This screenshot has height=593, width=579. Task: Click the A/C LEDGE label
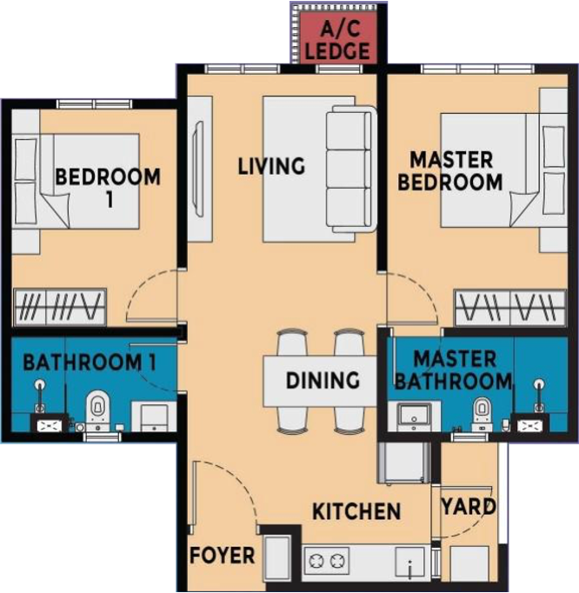point(337,41)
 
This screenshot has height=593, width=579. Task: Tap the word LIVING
point(271,166)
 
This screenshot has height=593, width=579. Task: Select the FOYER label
point(223,556)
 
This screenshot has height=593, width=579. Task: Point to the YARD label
point(469,506)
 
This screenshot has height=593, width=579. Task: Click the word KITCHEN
point(356,511)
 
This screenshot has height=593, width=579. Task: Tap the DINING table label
point(323,381)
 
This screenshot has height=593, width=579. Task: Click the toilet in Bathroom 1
point(98,411)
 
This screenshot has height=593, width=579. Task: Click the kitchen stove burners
point(327,561)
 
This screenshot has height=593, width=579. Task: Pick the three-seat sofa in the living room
point(352,169)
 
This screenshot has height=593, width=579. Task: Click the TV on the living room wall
point(199,169)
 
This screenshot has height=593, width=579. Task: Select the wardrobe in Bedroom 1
point(59,307)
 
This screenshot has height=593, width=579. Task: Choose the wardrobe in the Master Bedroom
point(510,308)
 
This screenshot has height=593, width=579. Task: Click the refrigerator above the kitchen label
point(404,463)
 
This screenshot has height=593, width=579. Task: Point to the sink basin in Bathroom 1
point(154,417)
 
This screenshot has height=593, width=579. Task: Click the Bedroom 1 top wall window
point(94,104)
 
